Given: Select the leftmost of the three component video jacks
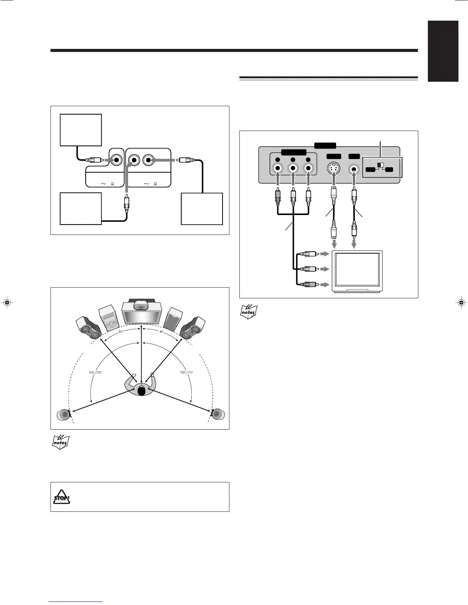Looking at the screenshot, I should pos(278,168).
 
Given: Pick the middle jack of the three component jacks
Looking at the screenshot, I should pos(293,168).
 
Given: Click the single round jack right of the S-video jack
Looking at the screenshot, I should pos(354,168).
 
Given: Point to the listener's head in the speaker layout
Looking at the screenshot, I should pos(141,391).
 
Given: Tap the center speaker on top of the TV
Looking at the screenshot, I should pos(141,305).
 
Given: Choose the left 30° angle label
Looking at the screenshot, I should pos(121,332).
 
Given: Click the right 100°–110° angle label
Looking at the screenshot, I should pos(187,372).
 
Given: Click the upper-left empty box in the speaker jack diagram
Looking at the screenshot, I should pos(81,130).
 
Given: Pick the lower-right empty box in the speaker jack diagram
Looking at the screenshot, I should pos(202,209).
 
